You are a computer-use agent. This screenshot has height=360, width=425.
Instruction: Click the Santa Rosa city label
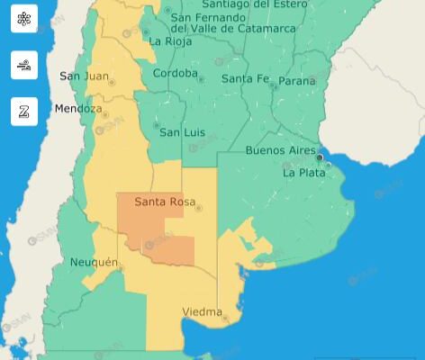pyautogui.click(x=163, y=202)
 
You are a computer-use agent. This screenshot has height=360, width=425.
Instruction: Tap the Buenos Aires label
pyautogui.click(x=280, y=150)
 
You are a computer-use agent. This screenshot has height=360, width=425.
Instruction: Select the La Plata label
pyautogui.click(x=304, y=172)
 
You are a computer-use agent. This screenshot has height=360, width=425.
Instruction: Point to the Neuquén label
pyautogui.click(x=94, y=262)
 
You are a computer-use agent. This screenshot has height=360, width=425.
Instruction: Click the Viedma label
pyautogui.click(x=202, y=312)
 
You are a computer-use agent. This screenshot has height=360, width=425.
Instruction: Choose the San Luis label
pyautogui.click(x=182, y=132)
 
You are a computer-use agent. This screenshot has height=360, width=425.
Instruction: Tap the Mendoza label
pyautogui.click(x=78, y=109)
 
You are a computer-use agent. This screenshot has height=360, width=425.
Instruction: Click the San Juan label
pyautogui.click(x=84, y=76)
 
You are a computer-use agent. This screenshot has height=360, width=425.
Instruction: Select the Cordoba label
pyautogui.click(x=175, y=73)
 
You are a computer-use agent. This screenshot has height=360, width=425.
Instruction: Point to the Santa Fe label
pyautogui.click(x=245, y=78)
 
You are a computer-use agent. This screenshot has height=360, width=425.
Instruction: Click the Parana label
pyautogui.click(x=297, y=81)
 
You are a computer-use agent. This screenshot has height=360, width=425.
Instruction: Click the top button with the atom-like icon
pyautogui.click(x=24, y=19)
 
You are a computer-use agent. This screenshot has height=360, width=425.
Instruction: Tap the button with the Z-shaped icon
pyautogui.click(x=24, y=111)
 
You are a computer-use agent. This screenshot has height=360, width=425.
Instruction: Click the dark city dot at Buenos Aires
pyautogui.click(x=320, y=157)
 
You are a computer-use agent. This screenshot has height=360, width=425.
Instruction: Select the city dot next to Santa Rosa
pyautogui.click(x=198, y=209)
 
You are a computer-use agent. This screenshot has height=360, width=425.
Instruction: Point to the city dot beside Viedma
pyautogui.click(x=225, y=318)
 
